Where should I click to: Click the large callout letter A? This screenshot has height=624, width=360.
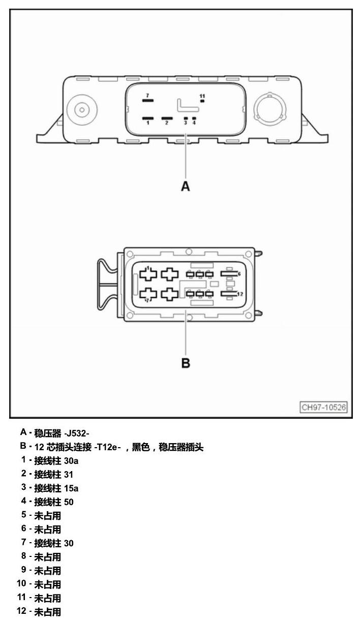tap(186, 186)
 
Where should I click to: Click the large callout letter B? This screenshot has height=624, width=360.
tap(186, 363)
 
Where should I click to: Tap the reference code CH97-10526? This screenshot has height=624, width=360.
tap(323, 407)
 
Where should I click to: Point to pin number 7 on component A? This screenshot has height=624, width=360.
tap(147, 96)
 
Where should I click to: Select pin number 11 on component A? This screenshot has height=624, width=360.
tap(202, 96)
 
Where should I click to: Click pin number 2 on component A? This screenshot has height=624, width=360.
tap(166, 122)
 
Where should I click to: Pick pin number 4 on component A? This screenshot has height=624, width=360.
tap(194, 122)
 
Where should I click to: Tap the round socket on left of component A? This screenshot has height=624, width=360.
tap(82, 110)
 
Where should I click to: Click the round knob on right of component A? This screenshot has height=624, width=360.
tap(269, 109)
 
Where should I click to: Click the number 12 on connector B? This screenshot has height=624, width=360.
tap(240, 294)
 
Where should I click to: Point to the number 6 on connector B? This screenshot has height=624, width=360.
tap(239, 274)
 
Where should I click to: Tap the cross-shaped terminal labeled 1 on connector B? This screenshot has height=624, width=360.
tap(148, 274)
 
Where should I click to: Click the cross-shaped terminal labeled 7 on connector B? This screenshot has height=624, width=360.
tap(148, 294)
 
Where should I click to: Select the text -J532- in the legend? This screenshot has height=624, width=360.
tap(76, 433)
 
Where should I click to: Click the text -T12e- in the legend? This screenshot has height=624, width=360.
tap(107, 447)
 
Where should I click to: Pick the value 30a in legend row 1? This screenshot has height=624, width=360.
tap(71, 461)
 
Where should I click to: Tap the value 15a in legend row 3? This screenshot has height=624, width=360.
tap(71, 488)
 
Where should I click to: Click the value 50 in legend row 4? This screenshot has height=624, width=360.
tap(69, 502)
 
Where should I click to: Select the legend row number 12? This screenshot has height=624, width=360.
tap(21, 611)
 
